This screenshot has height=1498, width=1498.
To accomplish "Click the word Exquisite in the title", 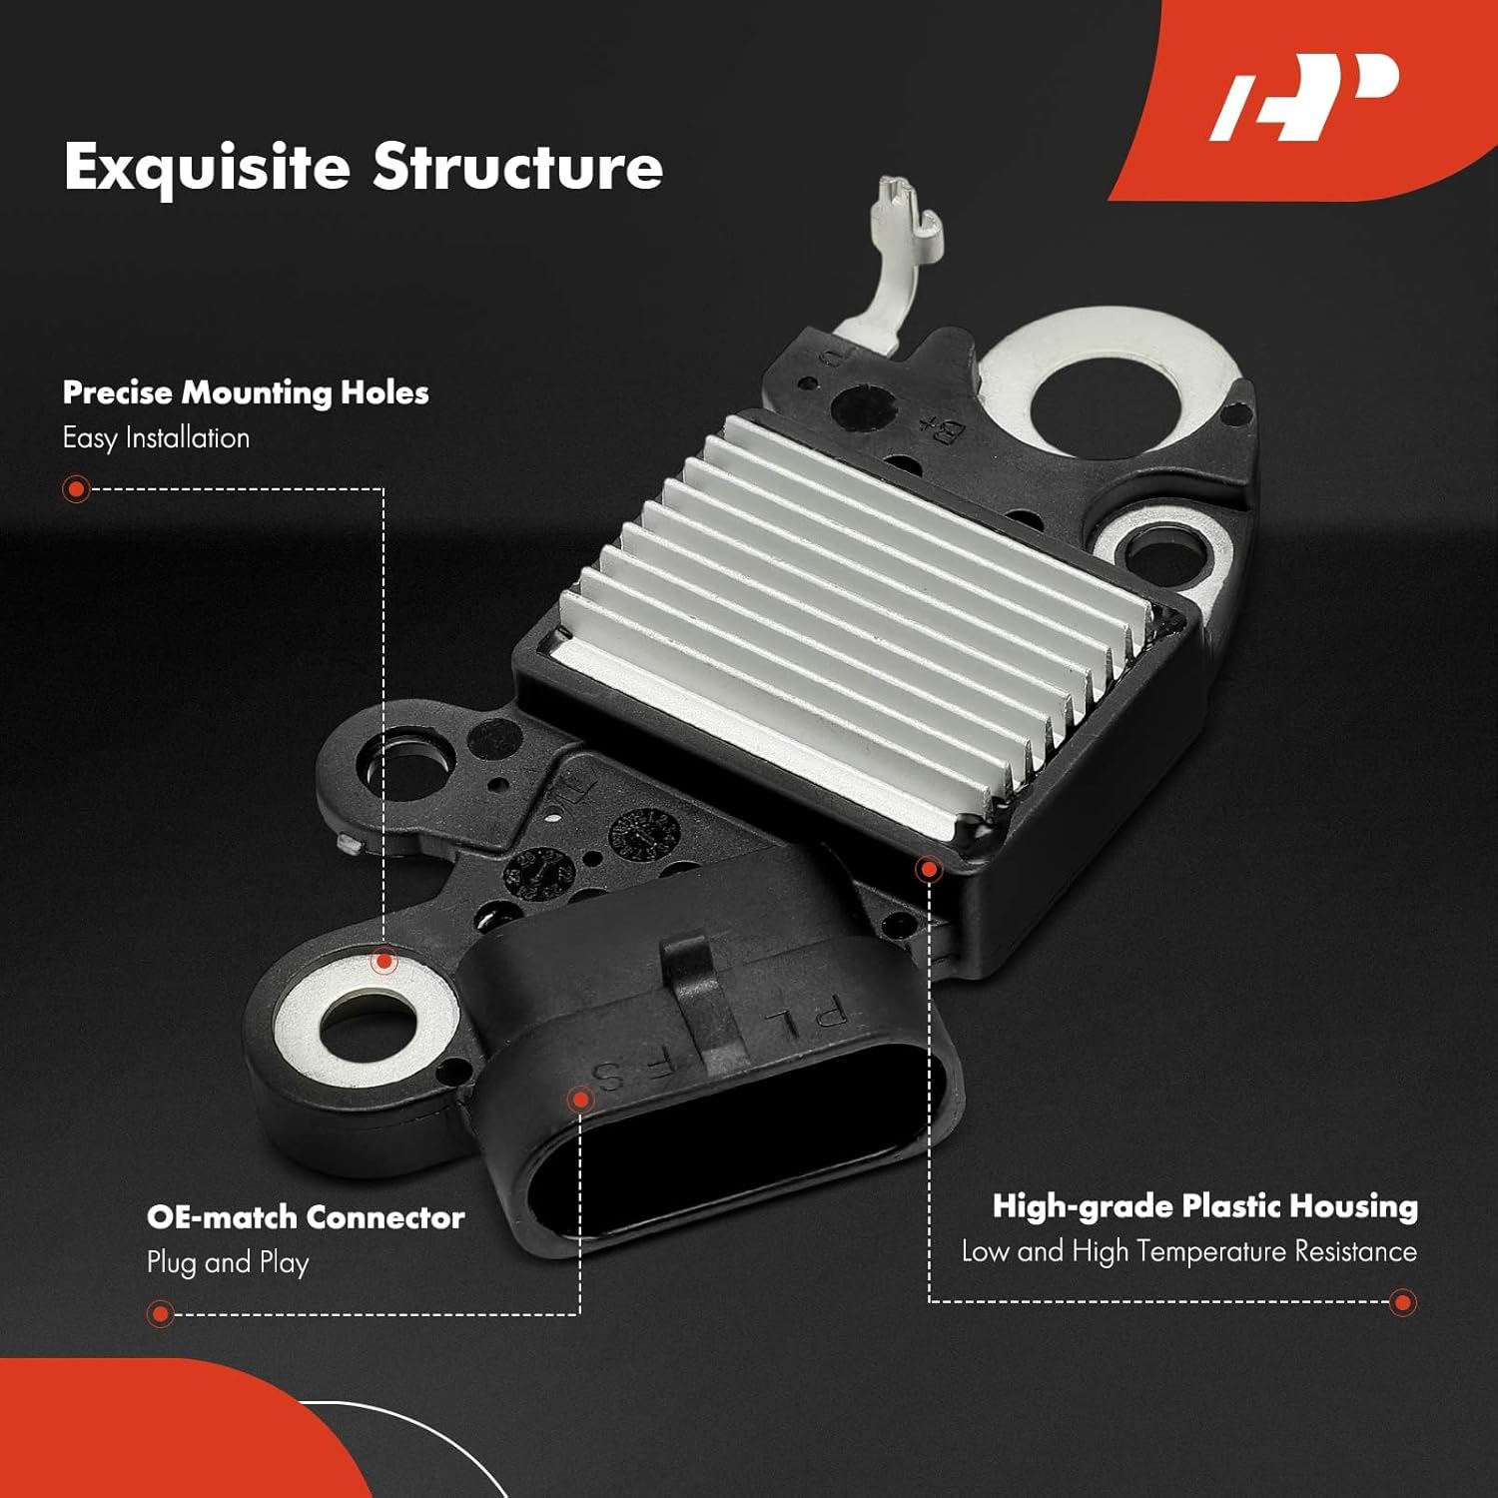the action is [x=207, y=167].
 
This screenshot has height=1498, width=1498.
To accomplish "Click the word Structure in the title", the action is [x=517, y=167].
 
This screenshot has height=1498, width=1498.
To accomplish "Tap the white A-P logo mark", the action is [x=1303, y=97].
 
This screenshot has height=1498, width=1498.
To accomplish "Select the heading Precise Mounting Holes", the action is [x=246, y=392].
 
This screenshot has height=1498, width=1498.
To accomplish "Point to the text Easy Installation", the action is [x=156, y=437].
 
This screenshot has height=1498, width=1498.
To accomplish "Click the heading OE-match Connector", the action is [x=306, y=1217].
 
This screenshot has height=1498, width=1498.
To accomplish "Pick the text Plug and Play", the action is [x=228, y=1262].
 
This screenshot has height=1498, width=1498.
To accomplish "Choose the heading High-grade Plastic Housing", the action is [x=1204, y=1206].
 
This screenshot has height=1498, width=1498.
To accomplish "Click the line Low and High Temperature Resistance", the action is [x=1188, y=1251].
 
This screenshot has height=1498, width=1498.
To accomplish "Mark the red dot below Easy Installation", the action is [x=76, y=489].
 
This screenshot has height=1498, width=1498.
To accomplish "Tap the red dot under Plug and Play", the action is [x=160, y=1313].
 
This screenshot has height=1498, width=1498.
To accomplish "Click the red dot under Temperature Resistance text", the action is [x=1403, y=1302].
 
